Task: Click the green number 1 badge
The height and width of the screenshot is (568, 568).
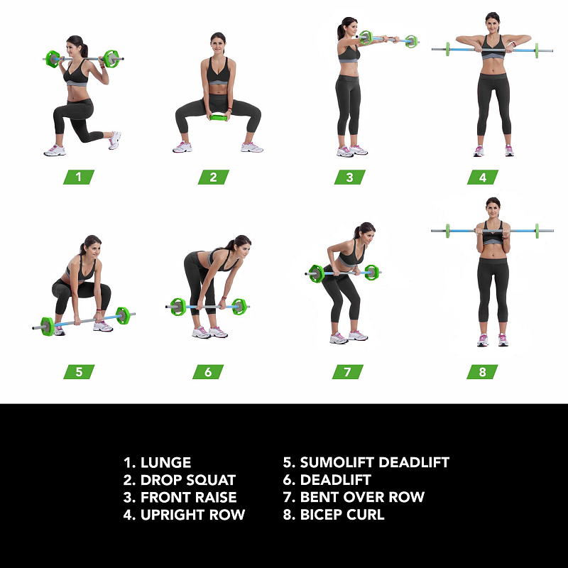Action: [79, 177]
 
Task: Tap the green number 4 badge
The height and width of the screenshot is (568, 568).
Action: [483, 177]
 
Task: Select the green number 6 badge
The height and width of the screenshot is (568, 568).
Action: [208, 371]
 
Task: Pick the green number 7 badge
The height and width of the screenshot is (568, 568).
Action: [348, 371]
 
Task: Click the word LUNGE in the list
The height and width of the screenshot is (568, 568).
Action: [165, 463]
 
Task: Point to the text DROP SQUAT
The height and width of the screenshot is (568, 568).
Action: [188, 480]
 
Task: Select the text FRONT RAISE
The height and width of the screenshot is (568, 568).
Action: [188, 498]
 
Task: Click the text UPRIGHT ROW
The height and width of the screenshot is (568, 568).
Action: [192, 515]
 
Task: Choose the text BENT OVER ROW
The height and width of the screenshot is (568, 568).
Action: [362, 498]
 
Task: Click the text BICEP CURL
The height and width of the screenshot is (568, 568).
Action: [342, 515]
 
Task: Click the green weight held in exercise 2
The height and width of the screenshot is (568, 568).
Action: [218, 117]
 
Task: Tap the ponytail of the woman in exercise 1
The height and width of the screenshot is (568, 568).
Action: [84, 50]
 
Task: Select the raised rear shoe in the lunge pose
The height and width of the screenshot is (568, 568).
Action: [114, 140]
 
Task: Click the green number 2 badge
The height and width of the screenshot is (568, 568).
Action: [214, 177]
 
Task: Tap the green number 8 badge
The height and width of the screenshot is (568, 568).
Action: [482, 371]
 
